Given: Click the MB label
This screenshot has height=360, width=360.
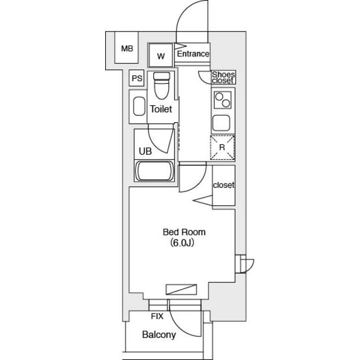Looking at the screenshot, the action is [x=127, y=49].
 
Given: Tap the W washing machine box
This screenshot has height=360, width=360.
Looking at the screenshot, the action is [x=160, y=55].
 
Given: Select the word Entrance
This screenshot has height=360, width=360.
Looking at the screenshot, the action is [x=193, y=54].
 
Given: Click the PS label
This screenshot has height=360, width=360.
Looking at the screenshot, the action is [x=137, y=78].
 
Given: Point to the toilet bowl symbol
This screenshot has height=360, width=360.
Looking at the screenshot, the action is [x=161, y=85].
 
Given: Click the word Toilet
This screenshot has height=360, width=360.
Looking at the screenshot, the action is [x=161, y=109].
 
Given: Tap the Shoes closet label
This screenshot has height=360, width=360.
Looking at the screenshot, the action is [x=223, y=78].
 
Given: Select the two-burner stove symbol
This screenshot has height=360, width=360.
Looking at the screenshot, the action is [x=223, y=100].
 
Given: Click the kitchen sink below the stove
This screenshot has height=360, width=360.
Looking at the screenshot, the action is [x=221, y=123].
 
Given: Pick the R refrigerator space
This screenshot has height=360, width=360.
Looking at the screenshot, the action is [x=222, y=147].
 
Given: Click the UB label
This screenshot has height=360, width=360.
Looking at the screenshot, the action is [x=145, y=151].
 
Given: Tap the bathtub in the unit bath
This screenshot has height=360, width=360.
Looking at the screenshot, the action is [x=155, y=171].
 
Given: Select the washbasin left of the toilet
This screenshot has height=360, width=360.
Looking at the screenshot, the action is [x=139, y=106].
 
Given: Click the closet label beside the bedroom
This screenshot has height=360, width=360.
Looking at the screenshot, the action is [x=223, y=185].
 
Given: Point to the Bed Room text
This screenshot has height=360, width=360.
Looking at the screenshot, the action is [x=184, y=232].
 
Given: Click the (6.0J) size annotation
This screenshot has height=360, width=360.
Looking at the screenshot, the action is [x=182, y=242].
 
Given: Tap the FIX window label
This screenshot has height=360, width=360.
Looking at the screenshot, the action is [x=157, y=316].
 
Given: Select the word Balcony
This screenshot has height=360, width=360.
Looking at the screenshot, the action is [x=159, y=335].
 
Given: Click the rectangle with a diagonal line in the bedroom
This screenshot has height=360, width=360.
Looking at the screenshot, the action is [x=181, y=289].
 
